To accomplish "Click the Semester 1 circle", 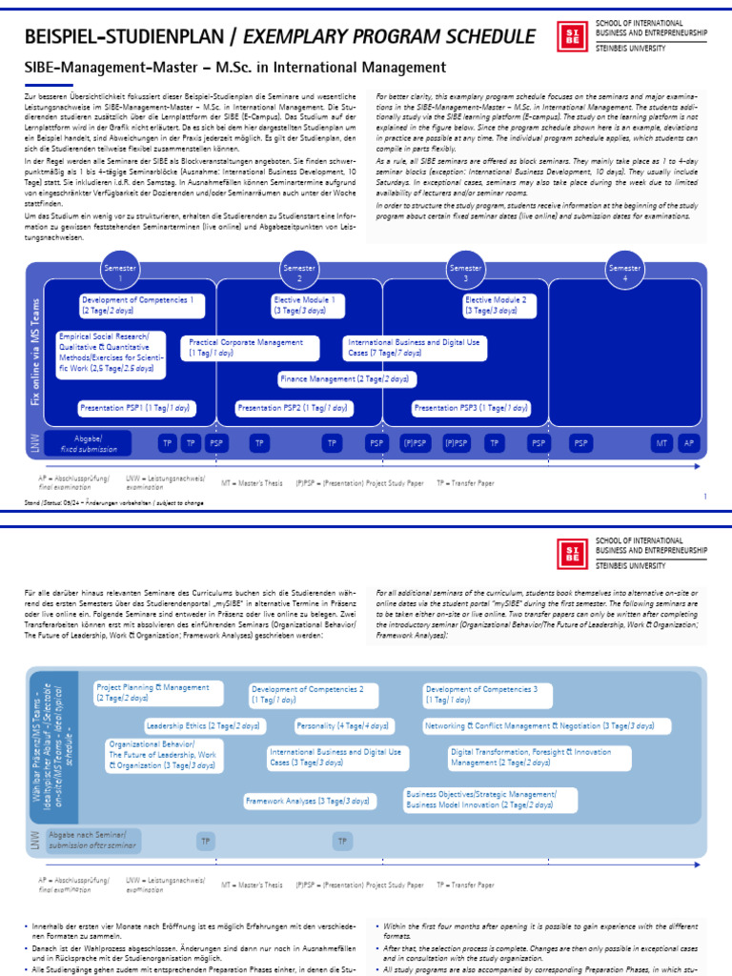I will click(x=121, y=273).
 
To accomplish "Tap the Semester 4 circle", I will click(x=625, y=273).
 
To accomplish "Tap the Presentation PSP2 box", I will click(x=291, y=408).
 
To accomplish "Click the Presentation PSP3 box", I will click(x=471, y=408).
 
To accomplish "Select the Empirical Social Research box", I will click(x=110, y=353).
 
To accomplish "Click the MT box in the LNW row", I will click(x=661, y=443).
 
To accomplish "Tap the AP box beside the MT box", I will click(x=689, y=443).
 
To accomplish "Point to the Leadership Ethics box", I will click(x=203, y=725).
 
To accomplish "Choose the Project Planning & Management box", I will click(x=158, y=692).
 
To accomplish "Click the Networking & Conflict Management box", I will click(x=539, y=725).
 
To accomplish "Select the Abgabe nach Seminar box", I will click(x=87, y=841).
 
